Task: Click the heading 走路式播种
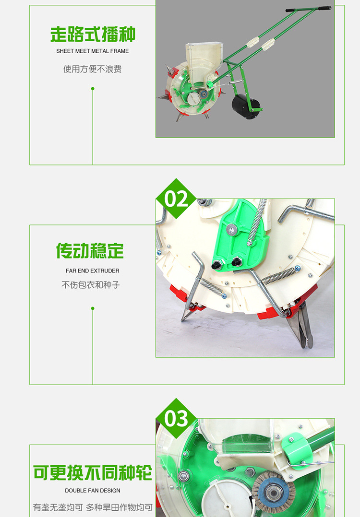click(x=93, y=35)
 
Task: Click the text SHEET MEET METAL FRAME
click(x=92, y=51)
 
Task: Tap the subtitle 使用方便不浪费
click(x=92, y=69)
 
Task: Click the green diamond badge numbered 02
click(x=176, y=199)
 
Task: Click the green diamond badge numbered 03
click(x=176, y=418)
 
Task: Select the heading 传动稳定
click(x=90, y=251)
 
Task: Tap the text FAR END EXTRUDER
click(x=92, y=270)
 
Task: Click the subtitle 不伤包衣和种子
click(x=90, y=284)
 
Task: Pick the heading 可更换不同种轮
click(x=93, y=473)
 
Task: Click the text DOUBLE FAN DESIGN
click(x=92, y=491)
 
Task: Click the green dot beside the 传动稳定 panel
click(x=93, y=308)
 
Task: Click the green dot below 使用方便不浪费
click(x=93, y=89)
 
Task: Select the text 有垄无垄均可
click(x=58, y=507)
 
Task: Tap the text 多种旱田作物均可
click(x=119, y=507)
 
